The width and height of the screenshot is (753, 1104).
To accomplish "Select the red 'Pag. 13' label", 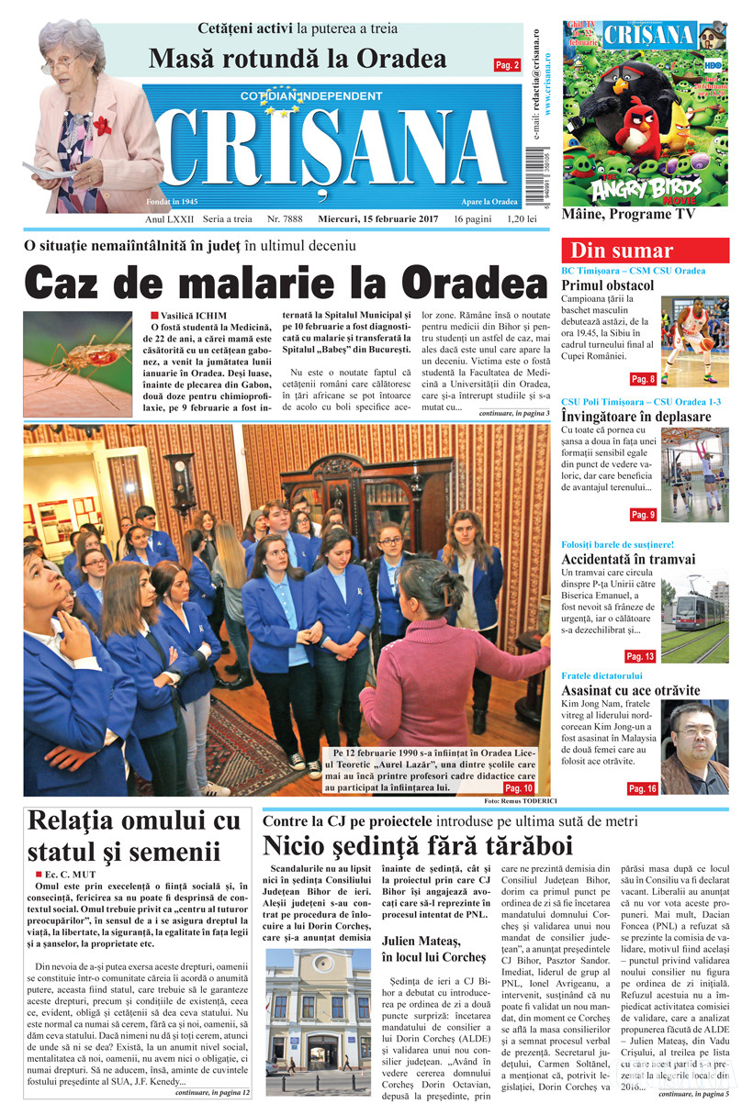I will coord(640,656).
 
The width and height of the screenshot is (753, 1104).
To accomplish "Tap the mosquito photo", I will coord(78,351).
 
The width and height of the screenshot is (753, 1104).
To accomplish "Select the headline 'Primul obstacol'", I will coord(608,286).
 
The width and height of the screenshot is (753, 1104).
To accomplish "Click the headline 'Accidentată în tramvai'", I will coord(628,559).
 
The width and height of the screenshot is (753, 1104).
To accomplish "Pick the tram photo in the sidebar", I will coord(694,617).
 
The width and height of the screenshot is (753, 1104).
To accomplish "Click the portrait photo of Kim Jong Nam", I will coord(695,747).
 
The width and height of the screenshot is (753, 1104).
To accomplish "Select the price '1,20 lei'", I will coord(527,220).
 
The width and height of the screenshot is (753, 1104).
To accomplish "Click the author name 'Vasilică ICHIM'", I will coord(187,317).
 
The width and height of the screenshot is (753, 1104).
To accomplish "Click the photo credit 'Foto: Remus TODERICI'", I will coord(514,802).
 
